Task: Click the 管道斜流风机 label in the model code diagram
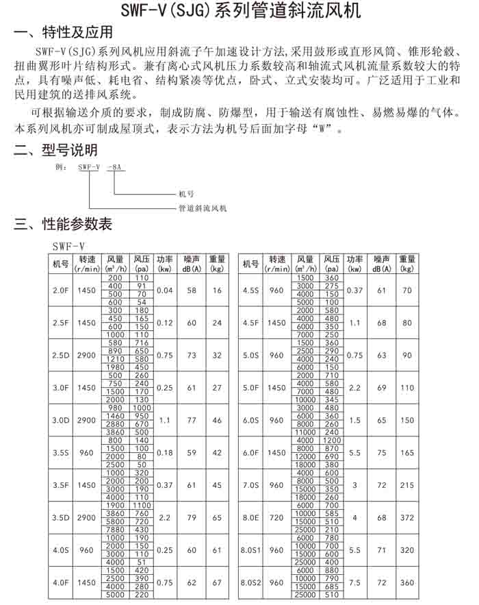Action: point(203,208)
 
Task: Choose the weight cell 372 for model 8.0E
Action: point(407,517)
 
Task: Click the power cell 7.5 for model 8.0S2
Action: point(354,582)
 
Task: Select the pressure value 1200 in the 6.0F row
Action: point(332,440)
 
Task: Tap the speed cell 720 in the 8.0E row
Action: point(276,517)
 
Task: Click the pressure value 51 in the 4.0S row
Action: point(142,562)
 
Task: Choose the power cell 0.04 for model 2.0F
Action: point(164,291)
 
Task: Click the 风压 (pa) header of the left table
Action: point(142,264)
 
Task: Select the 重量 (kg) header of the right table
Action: point(407,264)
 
